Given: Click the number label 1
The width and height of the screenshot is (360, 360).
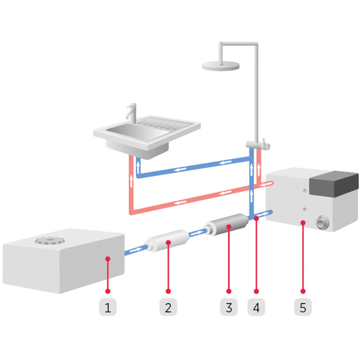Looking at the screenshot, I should click(108, 308).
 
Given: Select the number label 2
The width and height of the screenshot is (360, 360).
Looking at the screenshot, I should click(168, 308).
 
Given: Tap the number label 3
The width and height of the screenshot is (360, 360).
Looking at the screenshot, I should click(229, 308).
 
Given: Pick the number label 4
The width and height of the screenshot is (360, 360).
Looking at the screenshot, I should click(256, 308).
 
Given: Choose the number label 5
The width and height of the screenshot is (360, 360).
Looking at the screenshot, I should click(303, 308).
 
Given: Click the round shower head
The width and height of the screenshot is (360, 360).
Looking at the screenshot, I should click(220, 66).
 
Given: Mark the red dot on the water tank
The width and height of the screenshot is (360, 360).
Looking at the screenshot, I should click(108, 258).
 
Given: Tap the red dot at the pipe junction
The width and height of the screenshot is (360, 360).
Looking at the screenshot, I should click(256, 218).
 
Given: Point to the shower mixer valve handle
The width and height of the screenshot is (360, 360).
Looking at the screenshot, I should click(265, 145).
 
